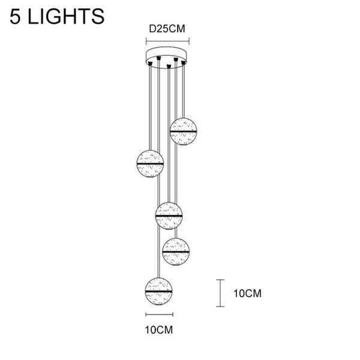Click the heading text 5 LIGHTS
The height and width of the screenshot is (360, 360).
click(x=57, y=16)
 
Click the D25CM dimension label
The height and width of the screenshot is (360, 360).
click(x=167, y=29)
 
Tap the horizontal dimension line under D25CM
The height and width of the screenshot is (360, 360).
click(x=167, y=41)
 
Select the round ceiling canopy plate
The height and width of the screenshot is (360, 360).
click(x=166, y=56)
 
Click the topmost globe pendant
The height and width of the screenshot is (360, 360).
click(x=183, y=131)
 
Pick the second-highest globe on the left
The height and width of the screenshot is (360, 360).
click(x=150, y=164)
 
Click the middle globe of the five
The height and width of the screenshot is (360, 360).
click(x=169, y=216)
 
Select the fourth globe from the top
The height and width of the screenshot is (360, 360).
click(x=176, y=252)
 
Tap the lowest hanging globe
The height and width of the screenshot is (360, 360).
click(x=158, y=292)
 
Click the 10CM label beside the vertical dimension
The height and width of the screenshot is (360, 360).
click(x=247, y=293)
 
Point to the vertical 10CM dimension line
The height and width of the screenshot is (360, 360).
click(x=220, y=293)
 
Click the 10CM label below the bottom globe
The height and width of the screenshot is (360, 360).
click(x=159, y=330)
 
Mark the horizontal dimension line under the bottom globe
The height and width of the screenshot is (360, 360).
click(x=160, y=314)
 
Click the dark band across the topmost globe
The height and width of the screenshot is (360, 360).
click(x=183, y=131)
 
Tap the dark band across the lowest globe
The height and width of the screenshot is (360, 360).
click(x=158, y=291)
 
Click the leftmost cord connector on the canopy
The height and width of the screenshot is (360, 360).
click(x=151, y=64)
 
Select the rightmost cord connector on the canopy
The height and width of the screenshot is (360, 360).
click(x=183, y=62)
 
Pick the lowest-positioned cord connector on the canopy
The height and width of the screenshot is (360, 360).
click(x=169, y=67)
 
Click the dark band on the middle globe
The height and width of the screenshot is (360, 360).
click(x=169, y=216)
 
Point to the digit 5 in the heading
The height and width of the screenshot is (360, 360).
click(x=15, y=16)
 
